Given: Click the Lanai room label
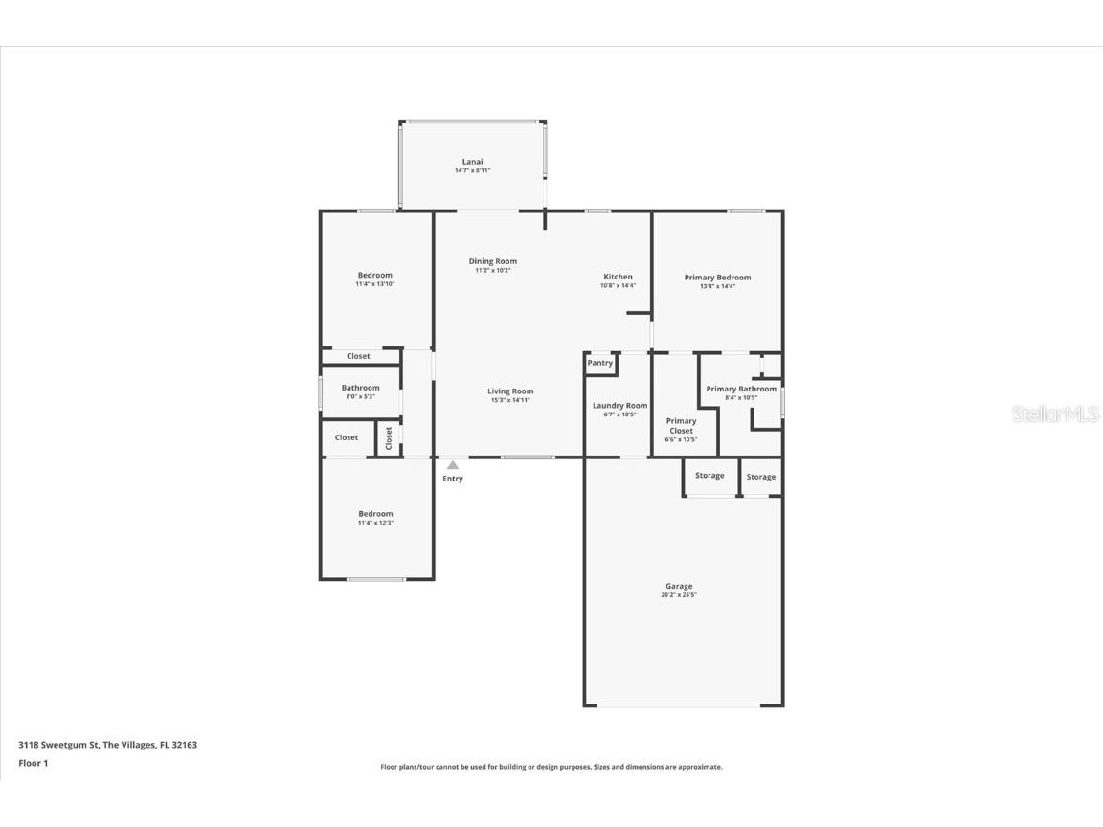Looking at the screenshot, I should click(x=472, y=162).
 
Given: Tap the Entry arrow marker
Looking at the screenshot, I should click(x=453, y=465).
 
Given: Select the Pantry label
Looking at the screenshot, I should click(x=600, y=363).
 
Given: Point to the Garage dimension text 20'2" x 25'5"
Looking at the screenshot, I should click(x=679, y=595).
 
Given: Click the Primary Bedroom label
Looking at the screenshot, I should click(x=717, y=278).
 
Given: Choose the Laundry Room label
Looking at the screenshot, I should click(x=619, y=406).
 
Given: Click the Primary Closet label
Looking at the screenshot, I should click(x=681, y=426).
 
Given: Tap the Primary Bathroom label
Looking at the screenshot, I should click(x=741, y=389).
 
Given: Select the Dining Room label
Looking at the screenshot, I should click(x=493, y=261).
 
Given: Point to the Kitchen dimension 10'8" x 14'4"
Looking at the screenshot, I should click(x=618, y=285).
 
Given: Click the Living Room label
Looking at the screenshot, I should click(x=510, y=391).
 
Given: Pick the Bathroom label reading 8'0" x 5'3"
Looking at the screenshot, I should click(x=361, y=388).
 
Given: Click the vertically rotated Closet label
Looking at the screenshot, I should click(x=389, y=438).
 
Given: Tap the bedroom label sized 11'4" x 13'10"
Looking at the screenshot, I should click(x=374, y=276).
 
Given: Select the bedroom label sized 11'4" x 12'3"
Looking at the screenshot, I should click(x=375, y=514).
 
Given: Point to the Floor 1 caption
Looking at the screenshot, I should click(x=33, y=763).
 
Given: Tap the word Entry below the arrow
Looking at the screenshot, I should click(x=453, y=479).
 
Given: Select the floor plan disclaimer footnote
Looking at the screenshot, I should click(x=551, y=767).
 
